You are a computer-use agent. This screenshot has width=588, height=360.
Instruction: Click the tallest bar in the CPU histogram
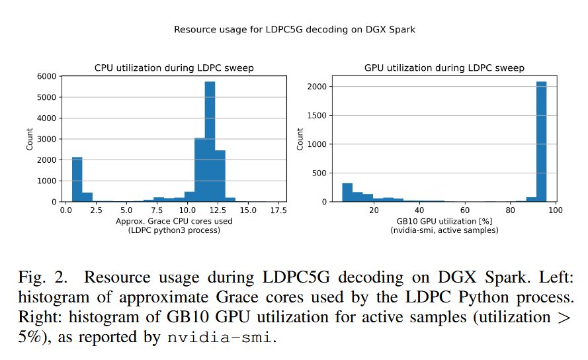(x=210, y=142)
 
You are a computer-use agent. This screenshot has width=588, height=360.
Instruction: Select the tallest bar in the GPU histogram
(x=541, y=142)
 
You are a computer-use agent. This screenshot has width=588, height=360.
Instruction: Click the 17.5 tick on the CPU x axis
(x=278, y=210)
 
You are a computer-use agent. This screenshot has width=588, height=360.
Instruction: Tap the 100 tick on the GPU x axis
(x=555, y=210)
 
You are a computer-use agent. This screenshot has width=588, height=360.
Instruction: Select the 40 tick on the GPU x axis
(x=419, y=210)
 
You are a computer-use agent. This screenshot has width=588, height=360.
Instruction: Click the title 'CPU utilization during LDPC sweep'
(x=174, y=68)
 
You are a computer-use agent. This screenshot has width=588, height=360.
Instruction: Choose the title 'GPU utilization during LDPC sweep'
(x=444, y=68)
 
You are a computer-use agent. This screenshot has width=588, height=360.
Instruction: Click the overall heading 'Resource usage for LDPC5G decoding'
(x=294, y=30)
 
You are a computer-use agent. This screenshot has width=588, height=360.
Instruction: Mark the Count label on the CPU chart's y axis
(x=30, y=139)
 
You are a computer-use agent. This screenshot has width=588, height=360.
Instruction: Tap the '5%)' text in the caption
(x=30, y=337)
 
